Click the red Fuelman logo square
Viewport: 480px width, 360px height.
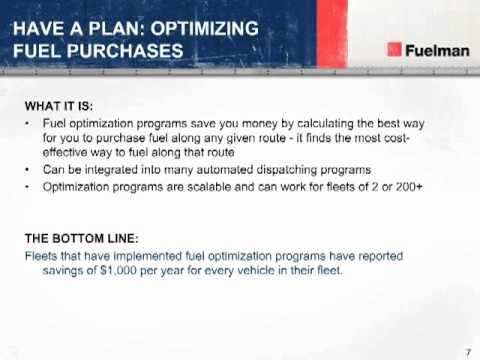coord(395,51)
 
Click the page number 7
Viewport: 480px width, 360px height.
coord(467,350)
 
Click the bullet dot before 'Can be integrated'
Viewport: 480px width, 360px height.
coord(26,170)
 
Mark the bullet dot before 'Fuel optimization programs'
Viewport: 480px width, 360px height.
coord(26,121)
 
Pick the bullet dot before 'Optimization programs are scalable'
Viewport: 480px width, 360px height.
coord(26,186)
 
